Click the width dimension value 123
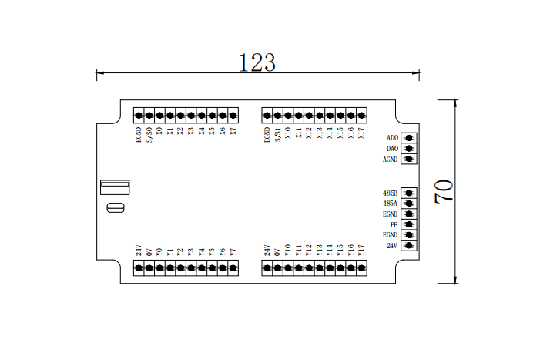click(257, 62)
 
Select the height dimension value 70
click(444, 190)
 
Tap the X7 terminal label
click(233, 132)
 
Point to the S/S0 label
click(149, 136)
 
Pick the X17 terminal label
click(361, 133)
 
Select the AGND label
click(390, 160)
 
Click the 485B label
click(390, 193)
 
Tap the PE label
click(394, 224)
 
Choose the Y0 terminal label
click(159, 251)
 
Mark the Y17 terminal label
click(361, 250)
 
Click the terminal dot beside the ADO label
click(409, 138)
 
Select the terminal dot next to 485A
click(409, 204)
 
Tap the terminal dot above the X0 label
click(159, 116)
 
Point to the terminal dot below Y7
click(233, 267)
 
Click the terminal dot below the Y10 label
click(288, 267)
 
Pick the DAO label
click(391, 149)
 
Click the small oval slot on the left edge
click(115, 207)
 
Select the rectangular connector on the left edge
click(115, 187)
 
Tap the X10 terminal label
click(288, 133)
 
